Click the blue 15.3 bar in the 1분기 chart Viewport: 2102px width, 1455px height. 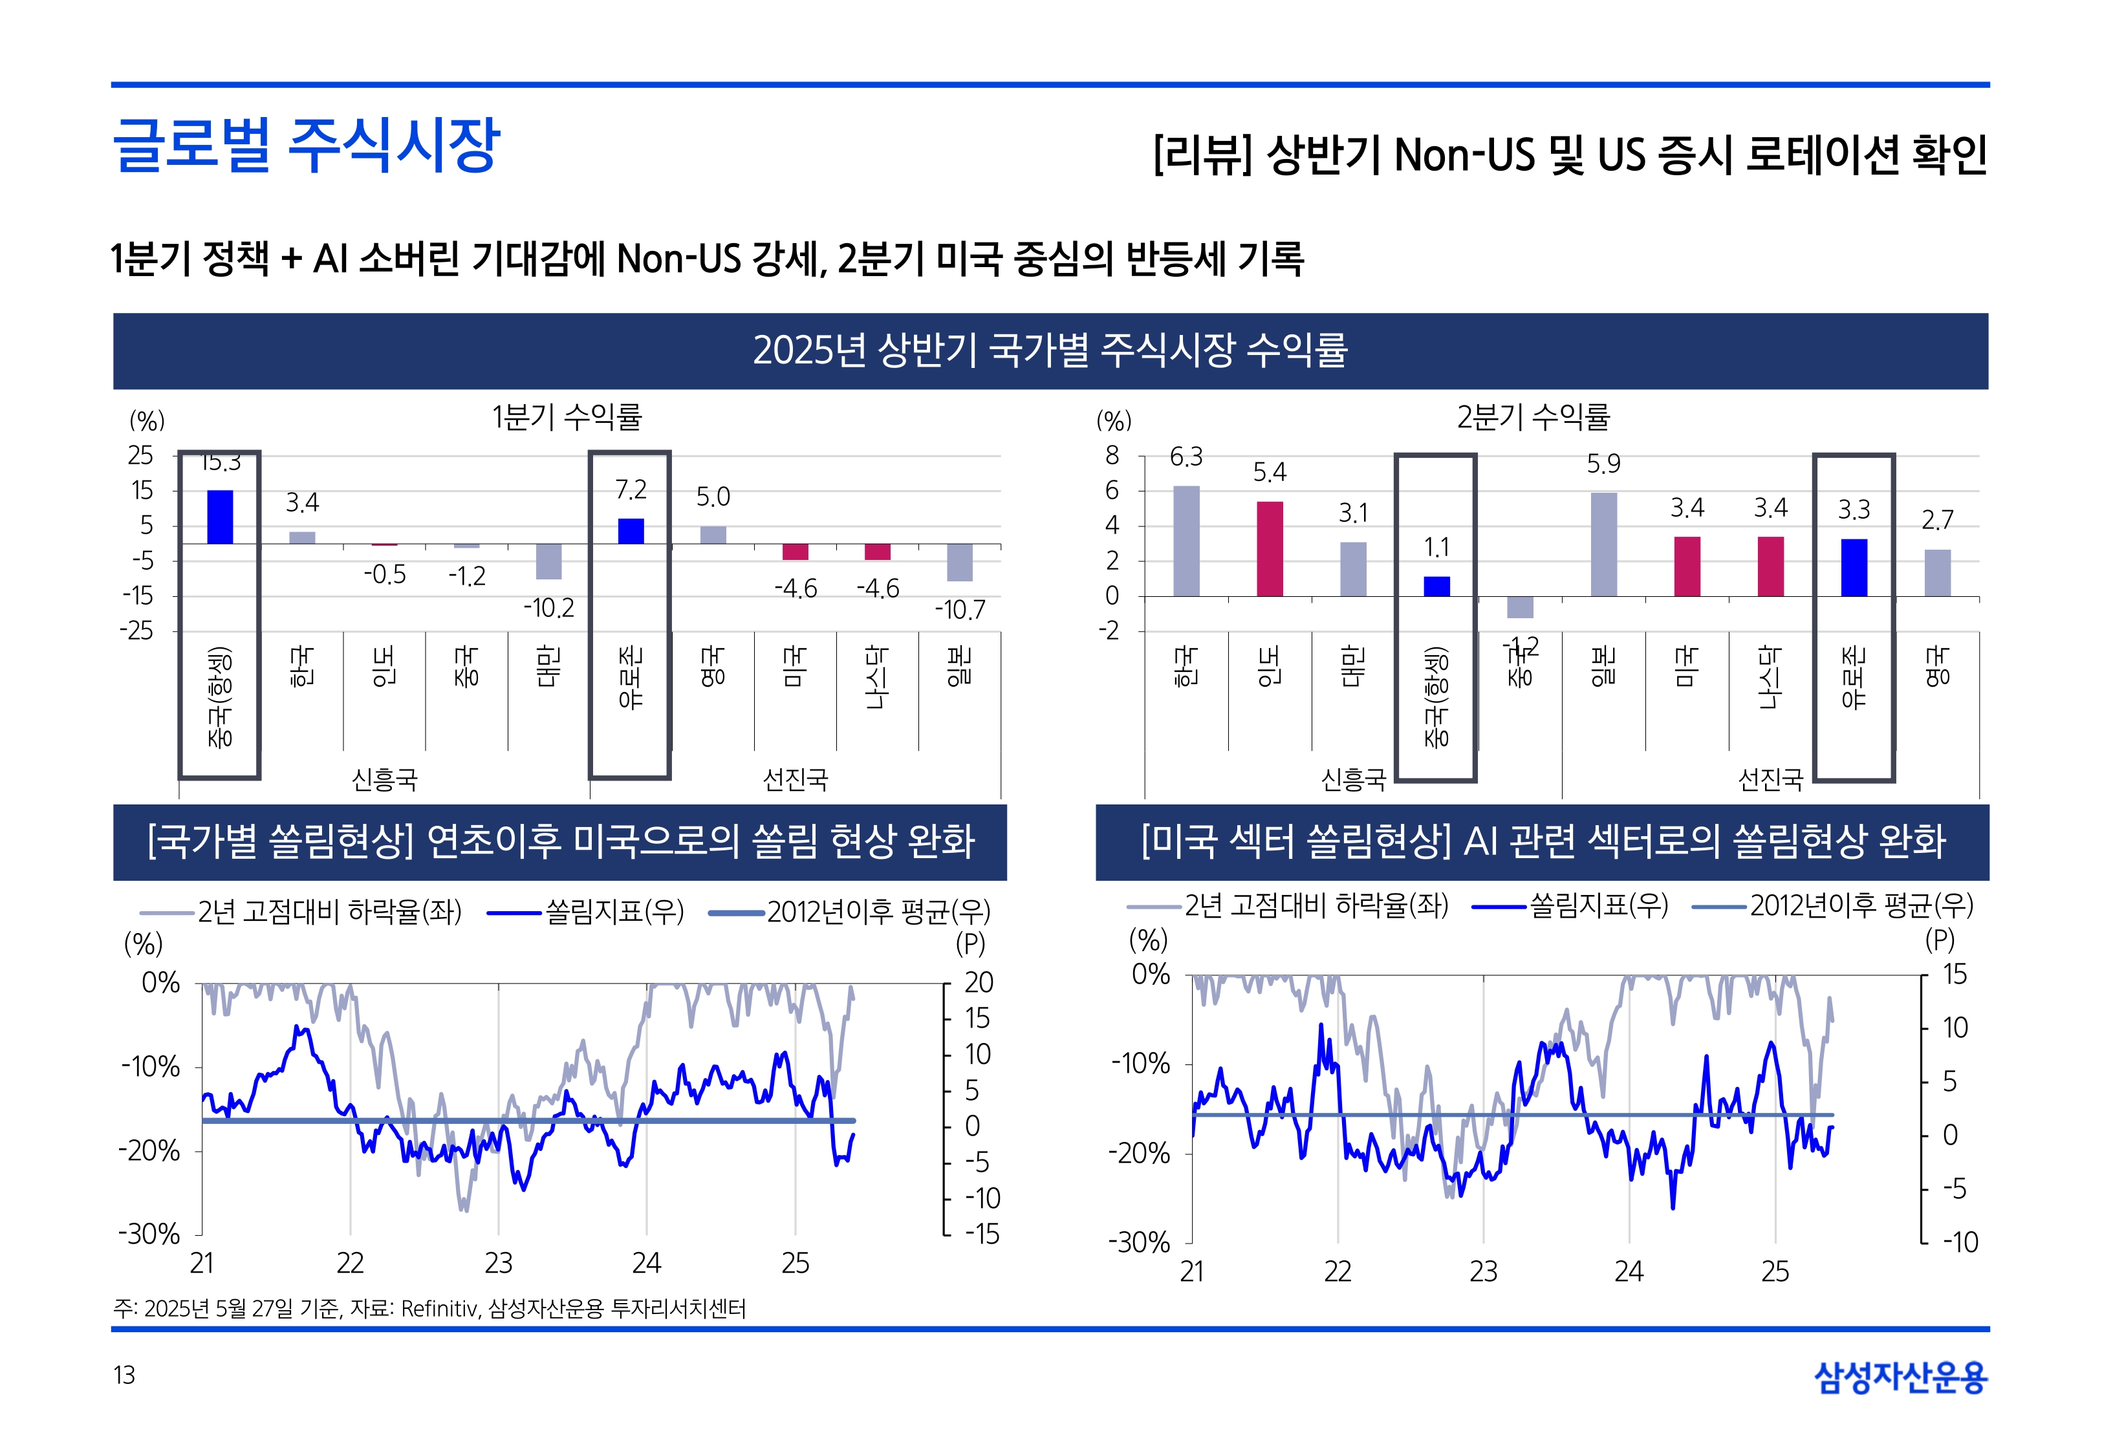pyautogui.click(x=220, y=517)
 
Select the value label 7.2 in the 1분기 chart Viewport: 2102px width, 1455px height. pyautogui.click(x=631, y=490)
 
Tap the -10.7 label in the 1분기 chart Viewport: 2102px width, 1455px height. pyautogui.click(x=960, y=610)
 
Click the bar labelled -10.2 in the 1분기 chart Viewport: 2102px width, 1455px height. pyautogui.click(x=548, y=561)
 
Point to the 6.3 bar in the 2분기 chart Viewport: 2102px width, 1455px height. pyautogui.click(x=1186, y=541)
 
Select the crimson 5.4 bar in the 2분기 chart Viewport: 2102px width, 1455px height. pyautogui.click(x=1270, y=549)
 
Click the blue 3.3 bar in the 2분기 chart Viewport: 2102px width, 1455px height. pyautogui.click(x=1854, y=567)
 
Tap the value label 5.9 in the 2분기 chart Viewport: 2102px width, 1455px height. pyautogui.click(x=1603, y=464)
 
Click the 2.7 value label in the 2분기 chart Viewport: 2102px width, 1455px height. pyautogui.click(x=1937, y=520)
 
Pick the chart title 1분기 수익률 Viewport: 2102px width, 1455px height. pyautogui.click(x=567, y=418)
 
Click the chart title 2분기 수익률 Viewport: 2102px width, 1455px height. pyautogui.click(x=1533, y=418)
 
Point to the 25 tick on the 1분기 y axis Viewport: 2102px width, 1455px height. pyautogui.click(x=140, y=455)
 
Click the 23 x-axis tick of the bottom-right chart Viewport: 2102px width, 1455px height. pyautogui.click(x=1483, y=1271)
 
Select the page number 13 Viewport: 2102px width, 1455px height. pyautogui.click(x=124, y=1375)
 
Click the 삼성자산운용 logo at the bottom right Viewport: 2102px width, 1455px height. pyautogui.click(x=1901, y=1377)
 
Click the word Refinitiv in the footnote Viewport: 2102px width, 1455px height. pyautogui.click(x=439, y=1309)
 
